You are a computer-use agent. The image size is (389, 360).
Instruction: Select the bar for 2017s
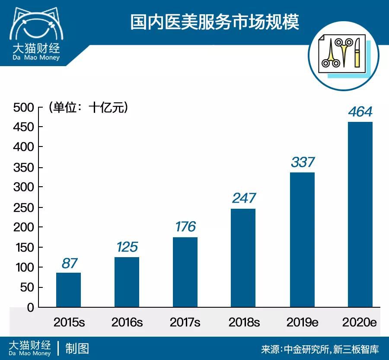coord(185,272)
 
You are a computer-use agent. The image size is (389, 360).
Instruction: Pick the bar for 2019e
coord(302,240)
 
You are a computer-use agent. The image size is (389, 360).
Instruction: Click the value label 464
coord(360,112)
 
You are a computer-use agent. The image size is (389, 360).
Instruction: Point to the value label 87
coord(69,263)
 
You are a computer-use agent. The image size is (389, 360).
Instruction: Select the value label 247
coord(244,198)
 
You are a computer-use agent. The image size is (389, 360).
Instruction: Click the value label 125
coord(127,247)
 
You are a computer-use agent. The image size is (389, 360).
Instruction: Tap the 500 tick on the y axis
coord(23,107)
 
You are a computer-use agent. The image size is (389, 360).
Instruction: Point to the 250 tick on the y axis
coord(23,207)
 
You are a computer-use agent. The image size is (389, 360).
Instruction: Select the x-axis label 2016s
coord(127,322)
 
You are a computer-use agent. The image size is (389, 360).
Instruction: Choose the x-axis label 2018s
coord(244,322)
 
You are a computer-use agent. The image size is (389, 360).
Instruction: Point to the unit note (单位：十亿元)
coord(89,107)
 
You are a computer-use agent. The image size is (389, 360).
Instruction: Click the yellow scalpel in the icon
coord(357,53)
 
